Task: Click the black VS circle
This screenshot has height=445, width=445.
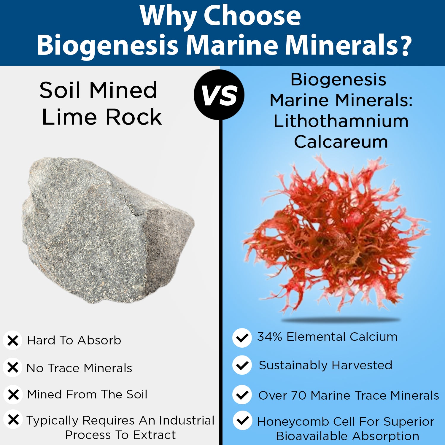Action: pos(219,95)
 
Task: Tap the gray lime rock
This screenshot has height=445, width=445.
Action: pos(108,230)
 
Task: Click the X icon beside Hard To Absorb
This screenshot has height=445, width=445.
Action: pos(12,340)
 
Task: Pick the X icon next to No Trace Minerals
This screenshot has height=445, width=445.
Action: pos(12,368)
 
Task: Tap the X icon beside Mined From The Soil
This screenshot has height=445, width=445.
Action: pos(13,395)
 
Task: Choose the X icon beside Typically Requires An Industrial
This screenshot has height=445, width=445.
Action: pos(13,420)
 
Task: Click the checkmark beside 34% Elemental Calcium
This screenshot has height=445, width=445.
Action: pos(242,338)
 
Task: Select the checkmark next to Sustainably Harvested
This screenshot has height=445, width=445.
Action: pos(242,365)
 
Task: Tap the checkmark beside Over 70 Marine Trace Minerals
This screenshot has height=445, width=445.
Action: pos(242,395)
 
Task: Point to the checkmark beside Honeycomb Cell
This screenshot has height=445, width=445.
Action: pos(243,420)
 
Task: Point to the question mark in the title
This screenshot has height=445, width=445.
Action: pos(404,44)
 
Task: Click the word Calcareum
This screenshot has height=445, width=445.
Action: pos(341,142)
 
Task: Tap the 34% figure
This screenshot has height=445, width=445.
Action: pos(269,337)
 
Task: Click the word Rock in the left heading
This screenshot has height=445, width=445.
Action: pos(134,117)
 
